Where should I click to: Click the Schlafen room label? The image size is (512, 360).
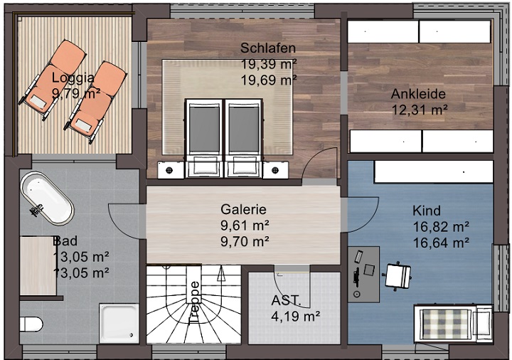[x=267, y=48]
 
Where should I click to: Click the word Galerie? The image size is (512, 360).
[x=243, y=209]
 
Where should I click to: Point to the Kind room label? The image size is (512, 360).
[x=427, y=211]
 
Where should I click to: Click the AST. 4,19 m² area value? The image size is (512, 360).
[x=295, y=315]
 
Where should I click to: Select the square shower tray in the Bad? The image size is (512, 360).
[x=119, y=324]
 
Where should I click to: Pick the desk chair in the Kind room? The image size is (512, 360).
[x=398, y=275]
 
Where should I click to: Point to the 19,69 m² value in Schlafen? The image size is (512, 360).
[x=268, y=80]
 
